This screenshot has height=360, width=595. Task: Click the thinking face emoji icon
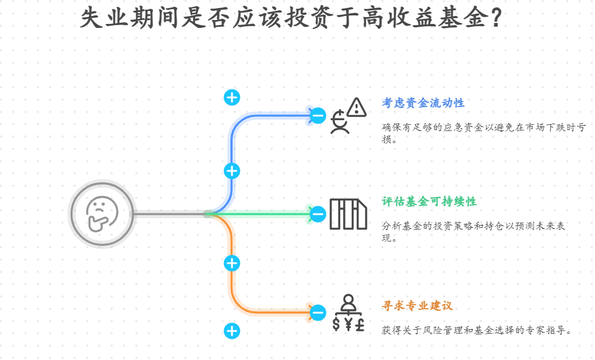[102, 214]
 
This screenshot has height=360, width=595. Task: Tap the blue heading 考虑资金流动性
[423, 103]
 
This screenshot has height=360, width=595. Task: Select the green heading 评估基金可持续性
[429, 202]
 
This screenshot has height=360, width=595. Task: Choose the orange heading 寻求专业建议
[417, 306]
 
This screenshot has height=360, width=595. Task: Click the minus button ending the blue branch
[318, 116]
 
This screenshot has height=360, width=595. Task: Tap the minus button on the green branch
[318, 214]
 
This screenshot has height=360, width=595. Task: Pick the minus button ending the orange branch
[318, 312]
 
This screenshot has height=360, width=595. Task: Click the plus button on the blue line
[231, 170]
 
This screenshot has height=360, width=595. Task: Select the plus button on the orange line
[231, 263]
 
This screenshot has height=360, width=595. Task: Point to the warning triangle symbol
[357, 107]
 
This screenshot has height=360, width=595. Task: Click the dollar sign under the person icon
[336, 325]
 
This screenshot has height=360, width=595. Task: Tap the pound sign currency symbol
[360, 325]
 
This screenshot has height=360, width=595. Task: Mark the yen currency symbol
[348, 325]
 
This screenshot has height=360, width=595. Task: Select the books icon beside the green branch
[348, 214]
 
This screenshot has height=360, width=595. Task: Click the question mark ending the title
[495, 18]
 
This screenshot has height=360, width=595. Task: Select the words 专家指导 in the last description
[550, 330]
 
